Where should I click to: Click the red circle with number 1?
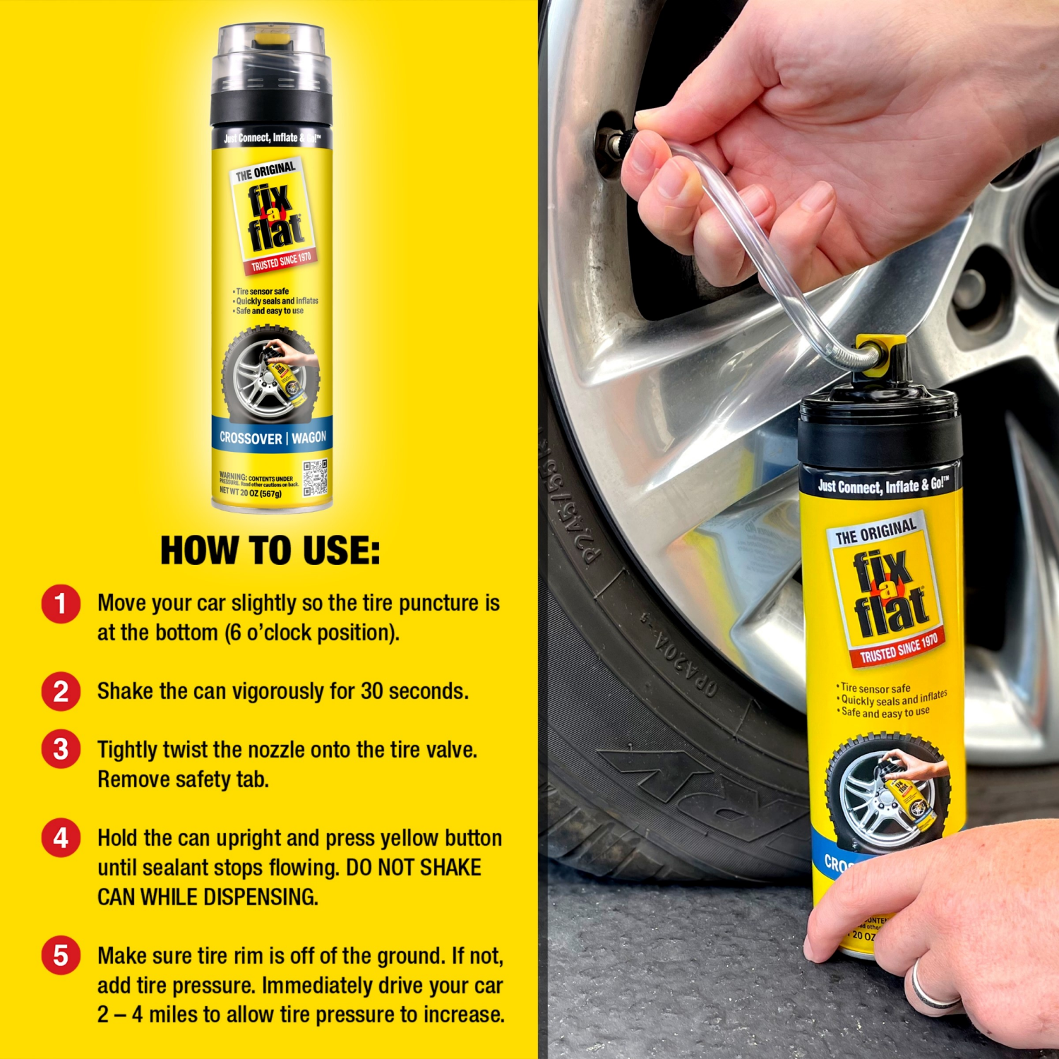pyautogui.click(x=61, y=604)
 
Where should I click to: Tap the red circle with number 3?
pyautogui.click(x=61, y=749)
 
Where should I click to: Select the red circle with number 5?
pyautogui.click(x=61, y=955)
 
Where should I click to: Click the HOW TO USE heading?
pyautogui.click(x=270, y=551)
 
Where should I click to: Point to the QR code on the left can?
pyautogui.click(x=315, y=478)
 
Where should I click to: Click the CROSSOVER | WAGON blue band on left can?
pyautogui.click(x=273, y=438)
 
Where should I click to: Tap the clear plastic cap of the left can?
pyautogui.click(x=272, y=60)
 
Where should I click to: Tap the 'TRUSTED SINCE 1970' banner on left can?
pyautogui.click(x=281, y=261)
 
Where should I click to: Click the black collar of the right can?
pyautogui.click(x=880, y=431)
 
